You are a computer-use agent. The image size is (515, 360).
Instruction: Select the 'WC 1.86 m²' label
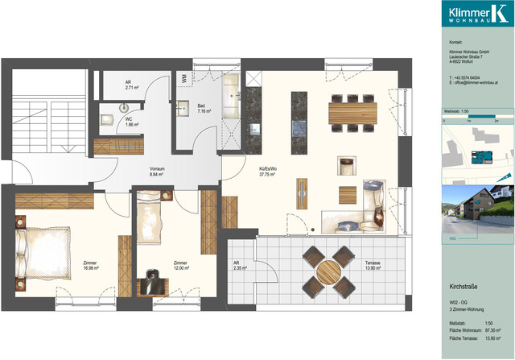tap(131, 123)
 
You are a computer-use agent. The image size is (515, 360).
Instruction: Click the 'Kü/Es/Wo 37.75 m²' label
tap(269, 172)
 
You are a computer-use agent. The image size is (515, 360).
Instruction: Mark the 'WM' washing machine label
tap(184, 77)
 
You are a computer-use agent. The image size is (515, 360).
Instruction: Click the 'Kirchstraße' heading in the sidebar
tap(463, 287)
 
